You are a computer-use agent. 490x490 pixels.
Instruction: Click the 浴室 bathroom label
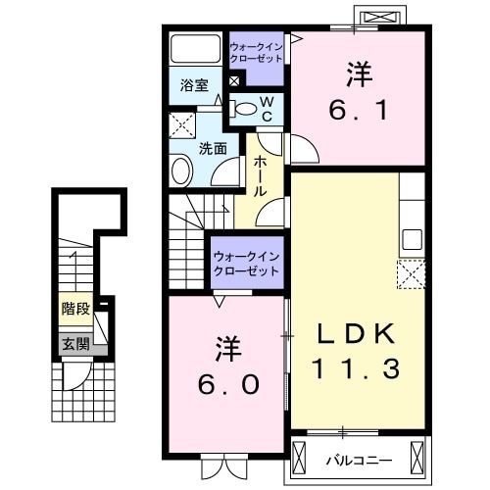pos(193,85)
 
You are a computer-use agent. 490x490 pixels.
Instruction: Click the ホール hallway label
pos(261,176)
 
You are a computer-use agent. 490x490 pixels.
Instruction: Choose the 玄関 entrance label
pos(75,343)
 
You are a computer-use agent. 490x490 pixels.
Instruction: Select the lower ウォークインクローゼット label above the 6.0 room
pos(247,263)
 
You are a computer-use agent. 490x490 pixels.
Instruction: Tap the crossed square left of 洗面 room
pos(180,124)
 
